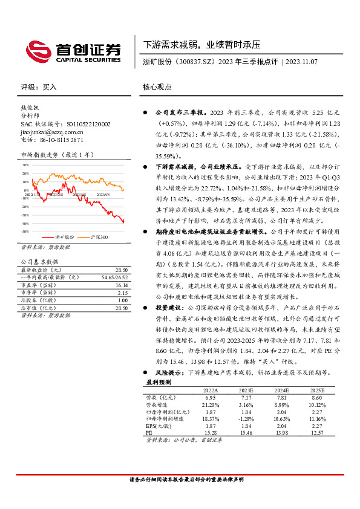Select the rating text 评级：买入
tap(39, 86)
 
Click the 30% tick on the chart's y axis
tap(26, 164)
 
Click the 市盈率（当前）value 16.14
tap(122, 285)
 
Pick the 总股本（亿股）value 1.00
tap(123, 300)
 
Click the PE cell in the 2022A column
tap(211, 432)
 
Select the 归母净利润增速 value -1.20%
tap(245, 418)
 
